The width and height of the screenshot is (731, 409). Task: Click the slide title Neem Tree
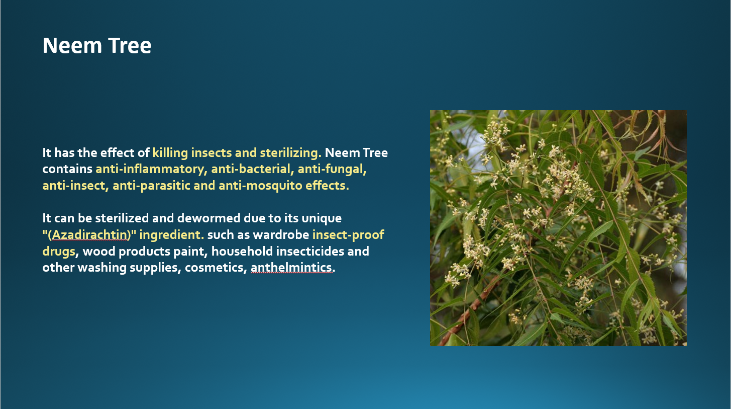point(97,45)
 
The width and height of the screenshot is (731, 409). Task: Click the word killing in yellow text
point(170,153)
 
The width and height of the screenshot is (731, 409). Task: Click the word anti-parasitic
point(151,186)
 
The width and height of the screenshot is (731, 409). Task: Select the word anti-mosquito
point(260,186)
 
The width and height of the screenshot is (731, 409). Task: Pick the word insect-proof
point(348,235)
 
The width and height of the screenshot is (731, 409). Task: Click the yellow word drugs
point(59,252)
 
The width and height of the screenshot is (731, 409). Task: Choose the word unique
point(322,218)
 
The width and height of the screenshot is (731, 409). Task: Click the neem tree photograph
point(558,228)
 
